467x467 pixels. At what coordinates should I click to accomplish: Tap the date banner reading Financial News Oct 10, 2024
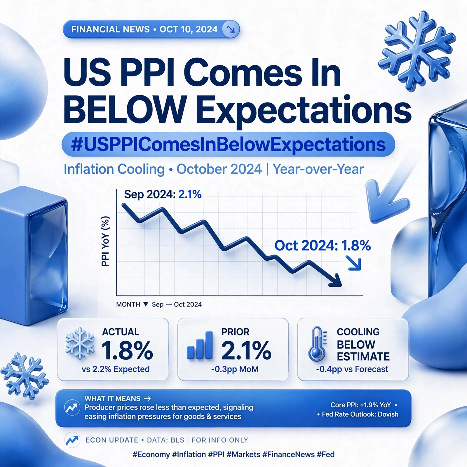coord(151,29)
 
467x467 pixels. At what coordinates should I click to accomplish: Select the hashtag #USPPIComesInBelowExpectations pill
coord(228,144)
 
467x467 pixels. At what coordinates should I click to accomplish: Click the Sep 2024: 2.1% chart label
coord(163,194)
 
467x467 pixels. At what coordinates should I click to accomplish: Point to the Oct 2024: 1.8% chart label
coord(323,245)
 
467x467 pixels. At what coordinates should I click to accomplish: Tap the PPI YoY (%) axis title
coord(105,241)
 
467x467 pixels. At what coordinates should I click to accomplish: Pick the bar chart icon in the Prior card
coord(200,345)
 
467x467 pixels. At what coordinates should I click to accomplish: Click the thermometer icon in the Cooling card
coord(318,344)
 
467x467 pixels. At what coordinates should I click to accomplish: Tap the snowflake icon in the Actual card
coord(80,344)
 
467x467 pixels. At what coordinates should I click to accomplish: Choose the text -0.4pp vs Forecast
coord(352,369)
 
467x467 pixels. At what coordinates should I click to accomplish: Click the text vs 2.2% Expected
coord(116,369)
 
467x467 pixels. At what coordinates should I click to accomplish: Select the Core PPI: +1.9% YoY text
coord(360,405)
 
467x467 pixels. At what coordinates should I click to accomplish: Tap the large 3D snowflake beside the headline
coord(417,51)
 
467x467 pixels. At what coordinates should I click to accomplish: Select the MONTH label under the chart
coord(128,304)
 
